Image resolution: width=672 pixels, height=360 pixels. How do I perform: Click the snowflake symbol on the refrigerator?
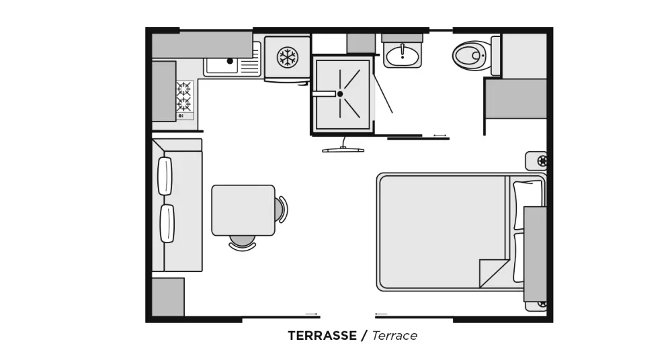pyautogui.click(x=287, y=56)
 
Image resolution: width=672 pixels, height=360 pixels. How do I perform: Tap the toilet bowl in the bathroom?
pyautogui.click(x=472, y=56)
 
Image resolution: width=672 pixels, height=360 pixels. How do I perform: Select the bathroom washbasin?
pyautogui.click(x=402, y=56)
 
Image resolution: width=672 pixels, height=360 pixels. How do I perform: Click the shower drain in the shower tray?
pyautogui.click(x=340, y=94)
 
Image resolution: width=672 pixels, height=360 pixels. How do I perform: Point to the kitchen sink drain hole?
pyautogui.click(x=230, y=61)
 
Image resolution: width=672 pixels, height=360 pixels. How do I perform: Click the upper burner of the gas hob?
pyautogui.click(x=184, y=88)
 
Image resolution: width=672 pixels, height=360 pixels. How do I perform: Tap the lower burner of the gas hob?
pyautogui.click(x=184, y=103)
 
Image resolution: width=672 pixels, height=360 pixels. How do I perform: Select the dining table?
pyautogui.click(x=243, y=210)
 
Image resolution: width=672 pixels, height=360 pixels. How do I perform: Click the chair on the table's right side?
pyautogui.click(x=281, y=210)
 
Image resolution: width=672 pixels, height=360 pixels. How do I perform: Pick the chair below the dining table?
pyautogui.click(x=243, y=243)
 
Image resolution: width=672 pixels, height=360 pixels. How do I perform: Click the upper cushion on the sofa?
pyautogui.click(x=165, y=176)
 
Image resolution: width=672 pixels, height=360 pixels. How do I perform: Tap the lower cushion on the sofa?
pyautogui.click(x=167, y=223)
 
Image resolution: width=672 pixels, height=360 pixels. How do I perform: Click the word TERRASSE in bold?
pyautogui.click(x=322, y=336)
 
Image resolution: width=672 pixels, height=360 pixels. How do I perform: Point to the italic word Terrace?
pyautogui.click(x=394, y=336)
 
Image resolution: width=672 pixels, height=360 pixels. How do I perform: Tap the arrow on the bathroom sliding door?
pyautogui.click(x=439, y=136)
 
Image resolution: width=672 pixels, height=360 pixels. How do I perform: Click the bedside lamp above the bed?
pyautogui.click(x=536, y=161)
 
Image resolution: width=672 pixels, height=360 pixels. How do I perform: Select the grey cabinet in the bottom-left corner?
pyautogui.click(x=168, y=297)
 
